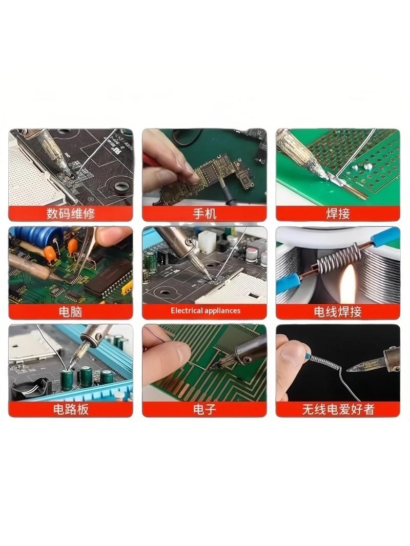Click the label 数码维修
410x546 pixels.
[x=70, y=214]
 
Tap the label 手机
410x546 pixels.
[x=204, y=214]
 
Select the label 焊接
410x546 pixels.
[x=338, y=214]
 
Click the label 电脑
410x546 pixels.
[x=70, y=311]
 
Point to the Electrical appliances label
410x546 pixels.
[x=205, y=310]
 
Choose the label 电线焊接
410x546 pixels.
[x=338, y=311]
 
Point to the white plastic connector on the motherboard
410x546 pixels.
[x=208, y=241]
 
